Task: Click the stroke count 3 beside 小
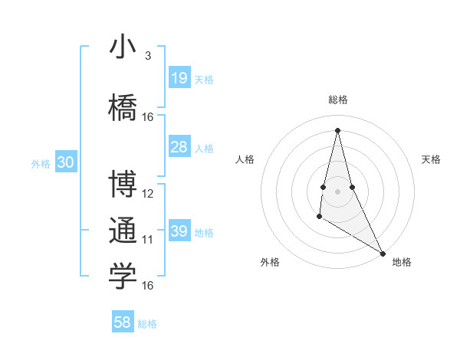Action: (x=148, y=56)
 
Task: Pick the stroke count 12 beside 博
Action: (x=148, y=194)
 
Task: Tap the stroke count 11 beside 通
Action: (x=148, y=240)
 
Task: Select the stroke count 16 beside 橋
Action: (x=148, y=117)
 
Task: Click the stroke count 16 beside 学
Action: (x=148, y=286)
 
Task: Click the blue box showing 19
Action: (x=179, y=77)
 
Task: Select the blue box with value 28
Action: (x=179, y=146)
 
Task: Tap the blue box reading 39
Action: (x=179, y=231)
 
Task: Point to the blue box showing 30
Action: (x=65, y=162)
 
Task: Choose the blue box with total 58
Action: (x=123, y=322)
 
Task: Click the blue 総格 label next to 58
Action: (x=147, y=324)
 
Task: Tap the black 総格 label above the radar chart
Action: (x=337, y=100)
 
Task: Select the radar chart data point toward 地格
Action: (x=383, y=253)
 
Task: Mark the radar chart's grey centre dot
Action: (x=337, y=190)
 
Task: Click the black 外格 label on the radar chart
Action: (x=270, y=262)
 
